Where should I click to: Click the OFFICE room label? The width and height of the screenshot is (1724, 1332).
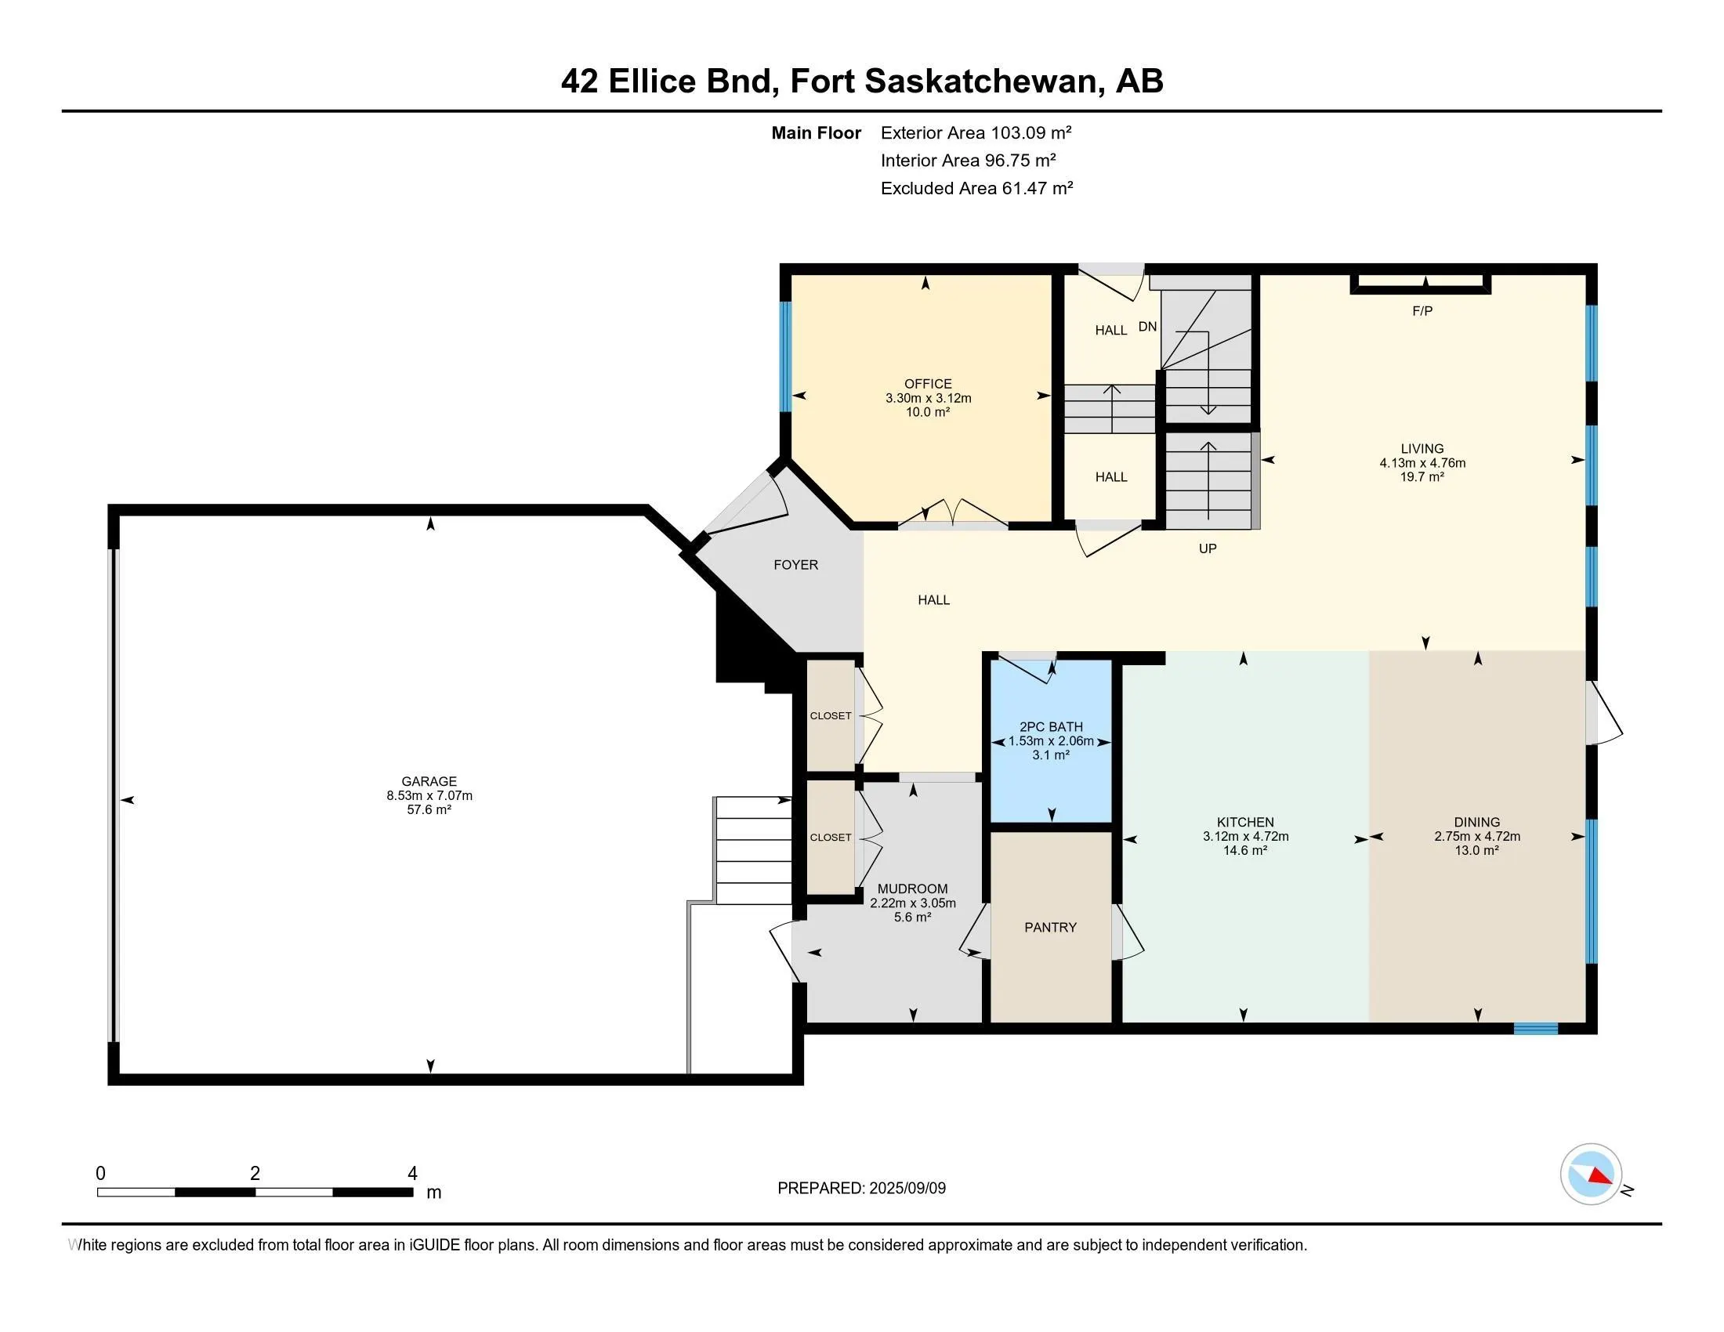tap(928, 383)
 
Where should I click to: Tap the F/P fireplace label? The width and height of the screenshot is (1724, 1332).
tap(1422, 311)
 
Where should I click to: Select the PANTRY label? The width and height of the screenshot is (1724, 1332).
tap(1050, 927)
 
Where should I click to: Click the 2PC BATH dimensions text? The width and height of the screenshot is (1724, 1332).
tap(1051, 741)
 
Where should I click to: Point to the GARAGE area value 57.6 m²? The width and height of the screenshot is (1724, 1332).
tap(429, 809)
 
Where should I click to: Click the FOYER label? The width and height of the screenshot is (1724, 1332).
tap(795, 565)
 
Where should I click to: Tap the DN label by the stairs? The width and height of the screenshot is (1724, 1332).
tap(1147, 327)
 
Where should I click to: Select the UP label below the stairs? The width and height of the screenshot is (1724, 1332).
tap(1207, 548)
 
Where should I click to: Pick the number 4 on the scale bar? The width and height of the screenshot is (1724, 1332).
tap(411, 1174)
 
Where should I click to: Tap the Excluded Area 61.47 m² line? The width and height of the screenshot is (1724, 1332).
tap(976, 188)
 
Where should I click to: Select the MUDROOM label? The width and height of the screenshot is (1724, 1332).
tap(911, 889)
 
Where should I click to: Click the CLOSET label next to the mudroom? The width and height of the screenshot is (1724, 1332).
tap(830, 838)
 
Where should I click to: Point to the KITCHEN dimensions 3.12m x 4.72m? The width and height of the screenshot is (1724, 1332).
tap(1245, 837)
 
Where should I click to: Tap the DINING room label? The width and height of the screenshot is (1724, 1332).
tap(1476, 822)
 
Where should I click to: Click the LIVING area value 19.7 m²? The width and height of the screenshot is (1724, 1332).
tap(1422, 476)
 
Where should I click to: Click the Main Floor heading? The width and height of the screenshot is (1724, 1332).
tap(816, 133)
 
